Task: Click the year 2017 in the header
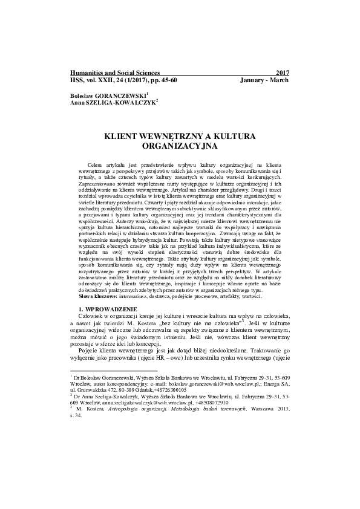click(283, 73)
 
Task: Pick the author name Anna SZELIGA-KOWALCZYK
click(113, 102)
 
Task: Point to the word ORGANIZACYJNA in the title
click(180, 146)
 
